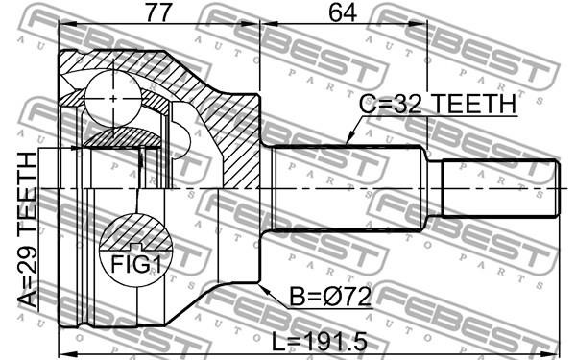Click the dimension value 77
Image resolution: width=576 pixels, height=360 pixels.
pyautogui.click(x=158, y=12)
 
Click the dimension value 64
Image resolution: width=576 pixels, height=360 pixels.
pyautogui.click(x=343, y=12)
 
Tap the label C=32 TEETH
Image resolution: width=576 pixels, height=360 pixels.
pyautogui.click(x=438, y=104)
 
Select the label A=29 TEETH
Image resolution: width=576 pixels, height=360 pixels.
pyautogui.click(x=28, y=230)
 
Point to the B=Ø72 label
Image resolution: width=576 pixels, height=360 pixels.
pyautogui.click(x=330, y=297)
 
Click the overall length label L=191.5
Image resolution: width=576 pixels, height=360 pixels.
pyautogui.click(x=320, y=342)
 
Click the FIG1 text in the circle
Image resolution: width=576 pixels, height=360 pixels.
pyautogui.click(x=136, y=264)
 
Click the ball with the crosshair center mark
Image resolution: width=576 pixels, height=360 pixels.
pyautogui.click(x=113, y=99)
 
